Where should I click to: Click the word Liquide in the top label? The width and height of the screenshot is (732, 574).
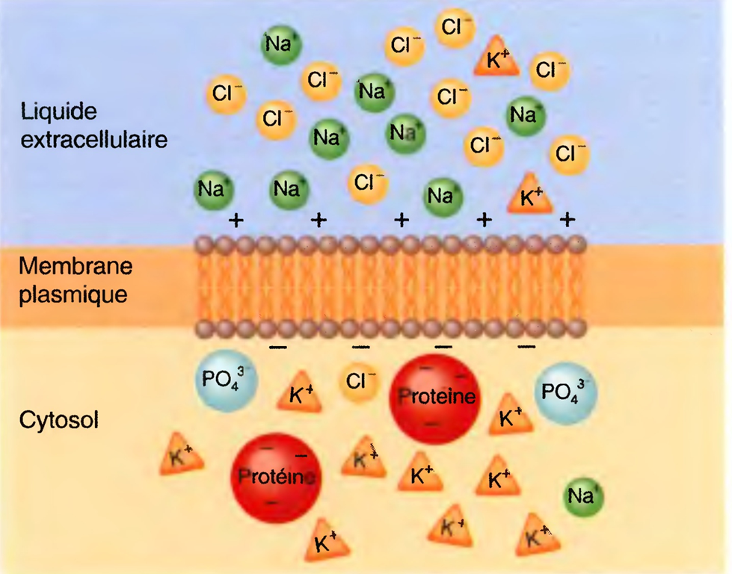pos(60,113)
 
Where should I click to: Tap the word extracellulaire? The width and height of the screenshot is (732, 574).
pos(93,139)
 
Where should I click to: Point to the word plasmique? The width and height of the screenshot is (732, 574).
pos(73,293)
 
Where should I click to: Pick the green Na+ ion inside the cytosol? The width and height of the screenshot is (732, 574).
pos(584,496)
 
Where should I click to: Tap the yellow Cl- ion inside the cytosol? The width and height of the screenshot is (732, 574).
pos(361,381)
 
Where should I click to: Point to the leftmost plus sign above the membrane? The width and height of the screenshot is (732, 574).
pos(236,220)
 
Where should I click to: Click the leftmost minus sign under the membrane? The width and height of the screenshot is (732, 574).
pos(277,348)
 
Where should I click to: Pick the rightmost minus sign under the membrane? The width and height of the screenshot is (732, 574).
pos(526,347)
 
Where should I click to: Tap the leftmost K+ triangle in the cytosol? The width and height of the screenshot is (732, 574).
pos(182,457)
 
